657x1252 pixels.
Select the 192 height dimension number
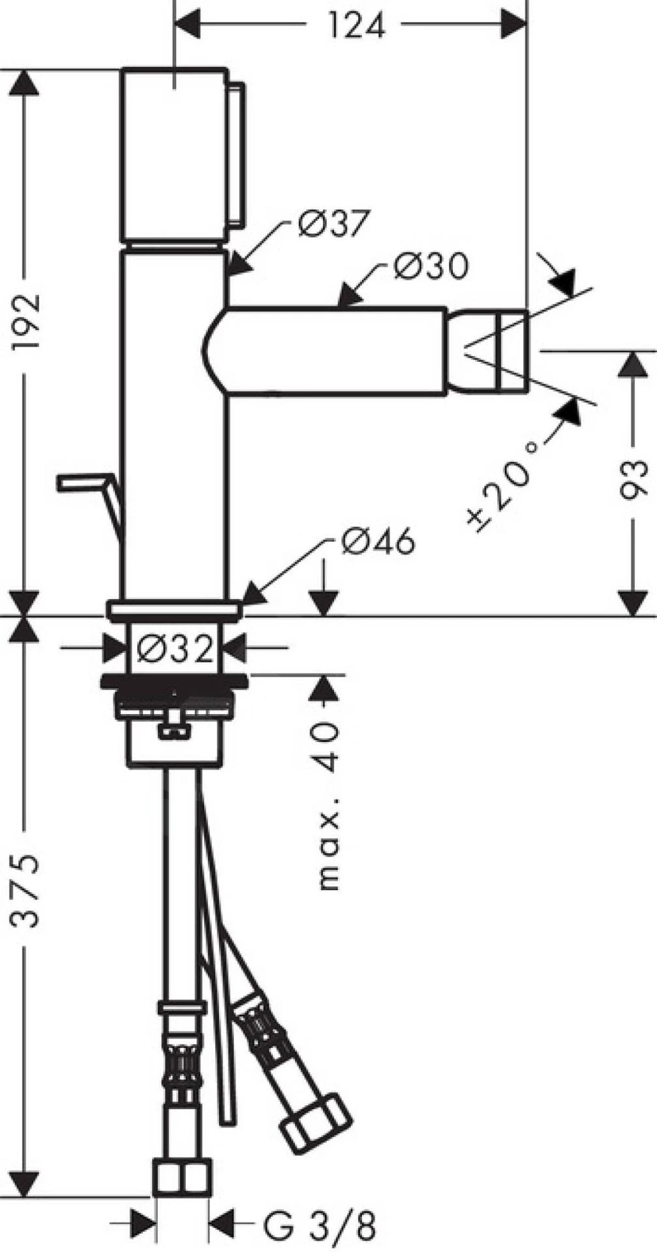pyautogui.click(x=27, y=322)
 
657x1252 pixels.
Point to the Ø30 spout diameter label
pyautogui.click(x=431, y=266)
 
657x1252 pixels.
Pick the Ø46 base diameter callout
pyautogui.click(x=377, y=541)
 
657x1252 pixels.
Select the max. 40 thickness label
pyautogui.click(x=329, y=805)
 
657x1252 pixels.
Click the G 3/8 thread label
pyautogui.click(x=319, y=1226)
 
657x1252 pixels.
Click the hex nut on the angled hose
pyautogui.click(x=316, y=1123)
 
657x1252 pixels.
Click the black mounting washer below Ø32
pyautogui.click(x=175, y=682)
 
